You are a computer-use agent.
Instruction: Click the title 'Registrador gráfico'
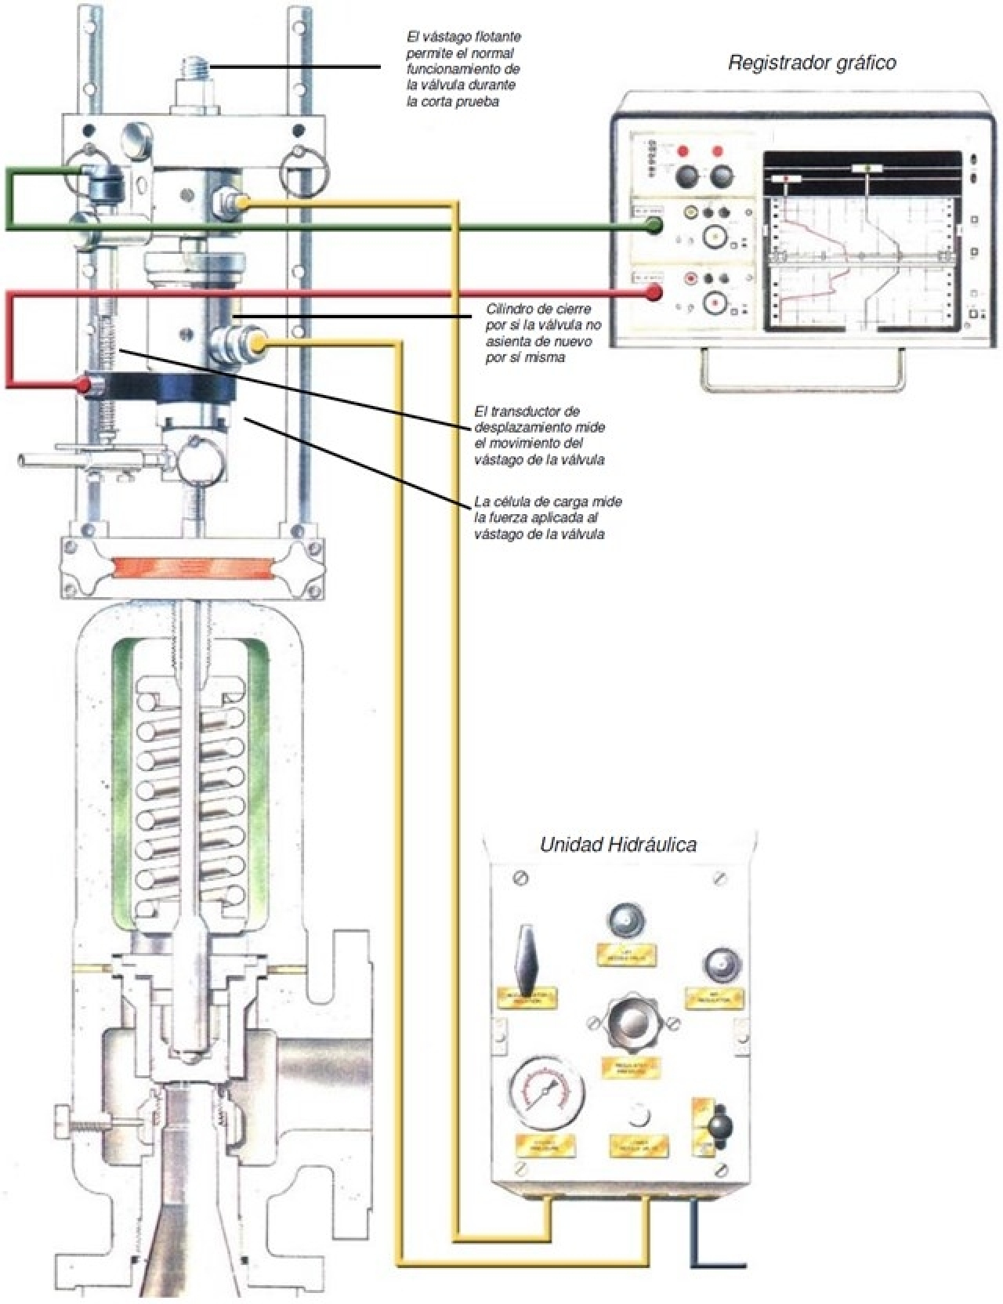(x=812, y=63)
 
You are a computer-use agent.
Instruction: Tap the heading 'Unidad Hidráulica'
(x=618, y=844)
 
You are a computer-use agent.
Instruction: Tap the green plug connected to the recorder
(x=652, y=226)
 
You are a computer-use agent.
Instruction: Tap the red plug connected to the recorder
(x=652, y=294)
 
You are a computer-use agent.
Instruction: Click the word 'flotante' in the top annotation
(x=496, y=37)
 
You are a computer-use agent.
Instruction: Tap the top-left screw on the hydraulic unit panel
(x=519, y=878)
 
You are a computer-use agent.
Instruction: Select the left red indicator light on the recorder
(x=684, y=151)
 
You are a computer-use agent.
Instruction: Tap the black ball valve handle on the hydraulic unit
(x=718, y=1125)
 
